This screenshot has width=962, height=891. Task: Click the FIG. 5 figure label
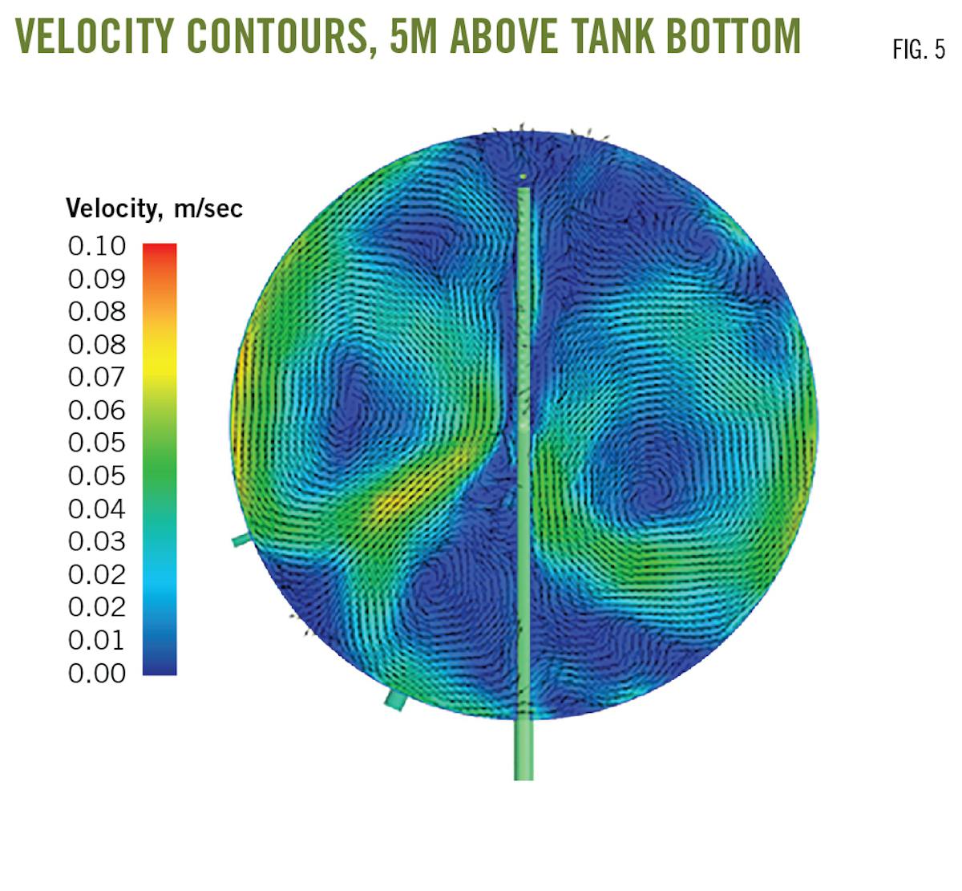[x=919, y=51]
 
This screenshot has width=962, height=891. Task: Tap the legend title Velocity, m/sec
[x=154, y=209]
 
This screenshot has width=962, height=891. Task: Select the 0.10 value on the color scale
[x=97, y=246]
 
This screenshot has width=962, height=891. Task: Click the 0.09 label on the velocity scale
[x=97, y=279]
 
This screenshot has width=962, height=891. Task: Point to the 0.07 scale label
[x=97, y=377]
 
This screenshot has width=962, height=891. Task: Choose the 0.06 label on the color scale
[x=97, y=410]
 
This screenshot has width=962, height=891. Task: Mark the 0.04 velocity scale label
[x=97, y=508]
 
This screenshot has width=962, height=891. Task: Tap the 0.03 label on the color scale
[x=97, y=541]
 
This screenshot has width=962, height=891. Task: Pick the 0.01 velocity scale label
[x=97, y=640]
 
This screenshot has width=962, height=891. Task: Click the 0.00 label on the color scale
[x=97, y=673]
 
